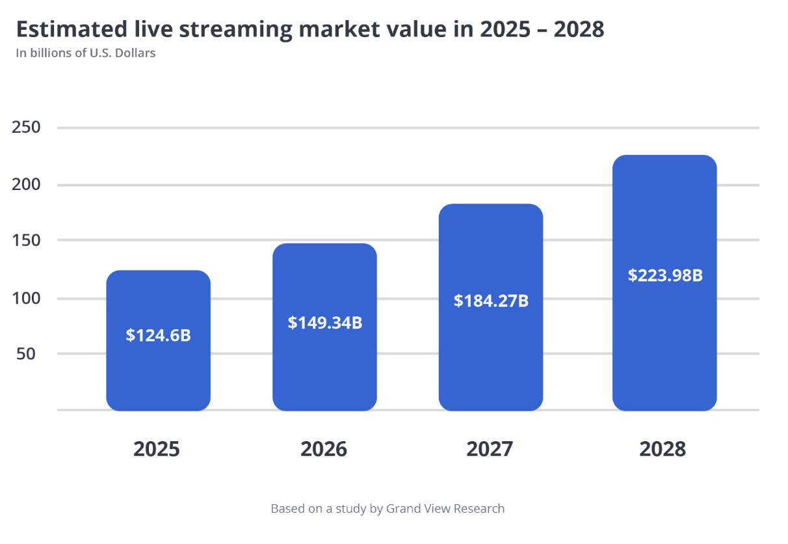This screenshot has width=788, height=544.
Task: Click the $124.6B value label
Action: pyautogui.click(x=158, y=335)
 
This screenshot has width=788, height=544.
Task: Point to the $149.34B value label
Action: pyautogui.click(x=324, y=322)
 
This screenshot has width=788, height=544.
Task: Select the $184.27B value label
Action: pyautogui.click(x=491, y=301)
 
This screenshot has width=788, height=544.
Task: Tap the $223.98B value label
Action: pyautogui.click(x=664, y=275)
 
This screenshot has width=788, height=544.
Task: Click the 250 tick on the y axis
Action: pyautogui.click(x=26, y=127)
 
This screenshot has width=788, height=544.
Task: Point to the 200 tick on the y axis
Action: pyautogui.click(x=26, y=184)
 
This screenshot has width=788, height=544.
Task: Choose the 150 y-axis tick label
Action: pyautogui.click(x=26, y=240)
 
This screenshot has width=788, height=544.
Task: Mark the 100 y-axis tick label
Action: pyautogui.click(x=26, y=299)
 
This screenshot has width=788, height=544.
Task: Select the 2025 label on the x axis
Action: pyautogui.click(x=156, y=449)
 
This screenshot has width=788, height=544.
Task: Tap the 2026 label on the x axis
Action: pyautogui.click(x=323, y=449)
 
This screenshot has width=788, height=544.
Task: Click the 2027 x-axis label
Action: pyautogui.click(x=490, y=449)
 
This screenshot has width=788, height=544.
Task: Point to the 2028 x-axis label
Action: pyautogui.click(x=663, y=449)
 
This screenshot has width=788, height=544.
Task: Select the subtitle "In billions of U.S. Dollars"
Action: pyautogui.click(x=85, y=53)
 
